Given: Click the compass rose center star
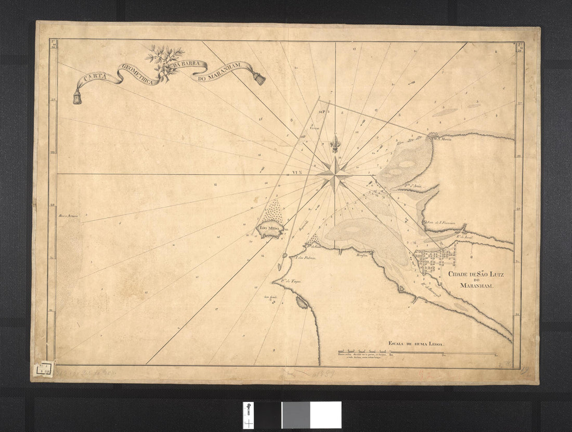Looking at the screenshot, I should coord(335,174).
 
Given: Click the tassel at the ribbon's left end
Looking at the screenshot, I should coord(77,97).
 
